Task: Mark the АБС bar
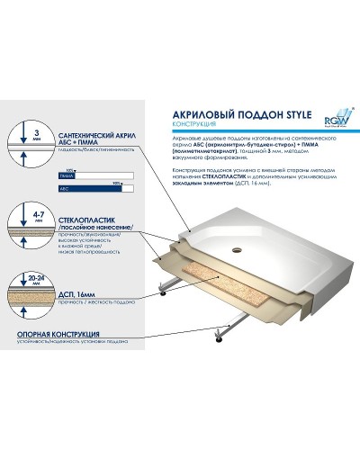point(95,191)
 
